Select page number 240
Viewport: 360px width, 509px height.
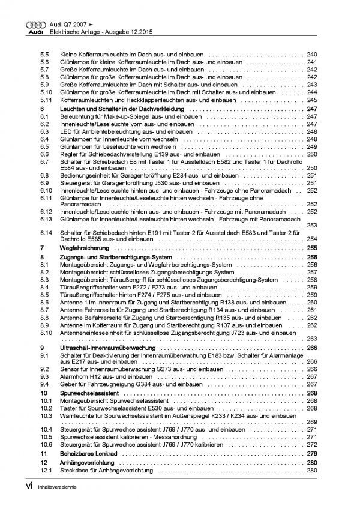(x=312, y=55)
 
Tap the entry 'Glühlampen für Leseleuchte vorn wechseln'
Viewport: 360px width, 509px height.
(x=108, y=146)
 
